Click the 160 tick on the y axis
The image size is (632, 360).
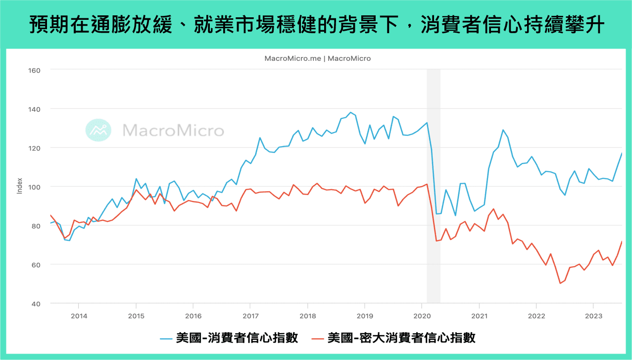pyautogui.click(x=34, y=70)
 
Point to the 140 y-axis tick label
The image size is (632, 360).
pyautogui.click(x=34, y=109)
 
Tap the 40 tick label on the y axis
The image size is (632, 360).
pyautogui.click(x=36, y=304)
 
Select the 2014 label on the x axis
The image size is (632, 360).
pyautogui.click(x=78, y=316)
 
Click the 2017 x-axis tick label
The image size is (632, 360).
pyautogui.click(x=250, y=316)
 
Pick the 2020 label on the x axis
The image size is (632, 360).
pyautogui.click(x=422, y=316)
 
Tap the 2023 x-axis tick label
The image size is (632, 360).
pyautogui.click(x=593, y=316)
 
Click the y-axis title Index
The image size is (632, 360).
pyautogui.click(x=20, y=187)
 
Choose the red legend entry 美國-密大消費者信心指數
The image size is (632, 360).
pyautogui.click(x=393, y=338)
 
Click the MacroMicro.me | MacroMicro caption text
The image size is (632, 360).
pyautogui.click(x=317, y=58)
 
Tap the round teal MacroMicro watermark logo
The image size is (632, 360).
pyautogui.click(x=98, y=131)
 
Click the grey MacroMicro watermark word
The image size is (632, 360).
pyautogui.click(x=173, y=131)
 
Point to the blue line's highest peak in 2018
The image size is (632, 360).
pyautogui.click(x=350, y=112)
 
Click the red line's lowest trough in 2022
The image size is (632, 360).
pyautogui.click(x=560, y=283)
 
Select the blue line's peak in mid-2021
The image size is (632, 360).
pyautogui.click(x=503, y=130)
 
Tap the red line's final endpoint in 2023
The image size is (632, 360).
pyautogui.click(x=622, y=241)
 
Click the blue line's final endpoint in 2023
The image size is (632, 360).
pyautogui.click(x=622, y=153)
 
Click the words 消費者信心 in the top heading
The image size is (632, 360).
pyautogui.click(x=464, y=25)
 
